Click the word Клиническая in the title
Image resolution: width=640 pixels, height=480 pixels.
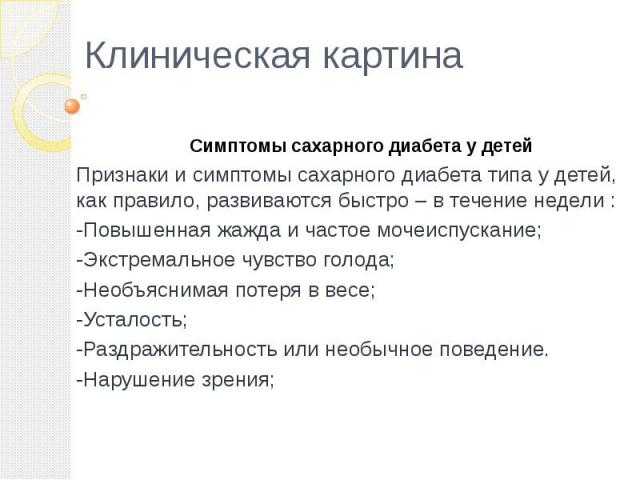(197, 56)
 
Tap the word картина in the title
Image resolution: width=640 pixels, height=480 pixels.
(392, 56)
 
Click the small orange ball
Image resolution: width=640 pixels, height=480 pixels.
(72, 107)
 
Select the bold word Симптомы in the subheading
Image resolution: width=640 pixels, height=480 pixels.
(238, 146)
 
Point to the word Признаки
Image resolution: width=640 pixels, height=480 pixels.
(122, 176)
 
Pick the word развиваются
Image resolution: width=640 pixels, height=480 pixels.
(269, 201)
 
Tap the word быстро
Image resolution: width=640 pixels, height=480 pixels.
(373, 200)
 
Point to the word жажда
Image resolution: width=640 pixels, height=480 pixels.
(248, 231)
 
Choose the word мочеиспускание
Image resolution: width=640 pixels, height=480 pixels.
(459, 231)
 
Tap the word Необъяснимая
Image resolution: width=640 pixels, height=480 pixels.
(156, 290)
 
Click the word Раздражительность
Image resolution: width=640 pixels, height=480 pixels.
(179, 349)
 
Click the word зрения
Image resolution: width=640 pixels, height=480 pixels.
(238, 381)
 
